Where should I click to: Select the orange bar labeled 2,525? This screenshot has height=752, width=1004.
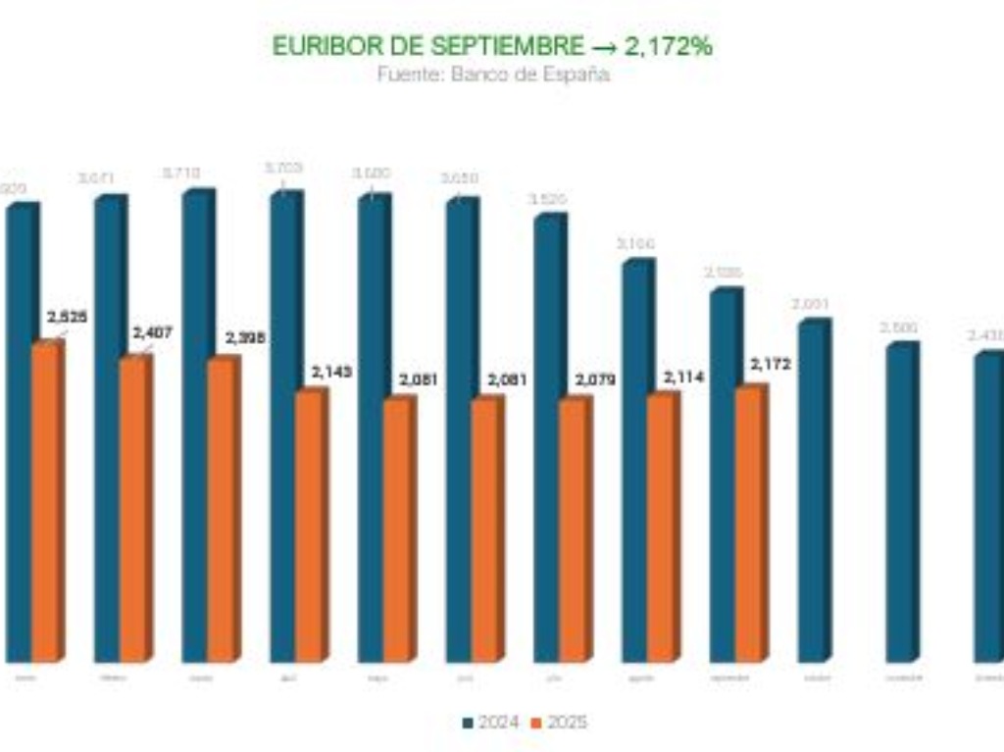point(45,500)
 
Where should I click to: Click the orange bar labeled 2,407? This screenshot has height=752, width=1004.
point(133,508)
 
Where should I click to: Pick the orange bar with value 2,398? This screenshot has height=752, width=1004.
point(222,508)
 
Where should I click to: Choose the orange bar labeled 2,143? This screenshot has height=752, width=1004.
point(309,525)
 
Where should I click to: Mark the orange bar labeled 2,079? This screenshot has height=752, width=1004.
point(573,529)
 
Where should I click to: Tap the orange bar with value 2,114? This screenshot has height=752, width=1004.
point(661,526)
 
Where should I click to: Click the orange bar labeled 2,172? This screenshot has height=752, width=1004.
point(749,524)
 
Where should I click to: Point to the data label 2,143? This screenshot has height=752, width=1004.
point(331,373)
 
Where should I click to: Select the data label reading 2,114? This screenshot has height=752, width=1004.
point(684,376)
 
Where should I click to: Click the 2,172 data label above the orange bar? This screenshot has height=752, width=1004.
point(771,365)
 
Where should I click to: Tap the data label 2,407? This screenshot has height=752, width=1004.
point(152,333)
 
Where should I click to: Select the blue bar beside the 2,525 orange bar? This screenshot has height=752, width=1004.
point(19,431)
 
